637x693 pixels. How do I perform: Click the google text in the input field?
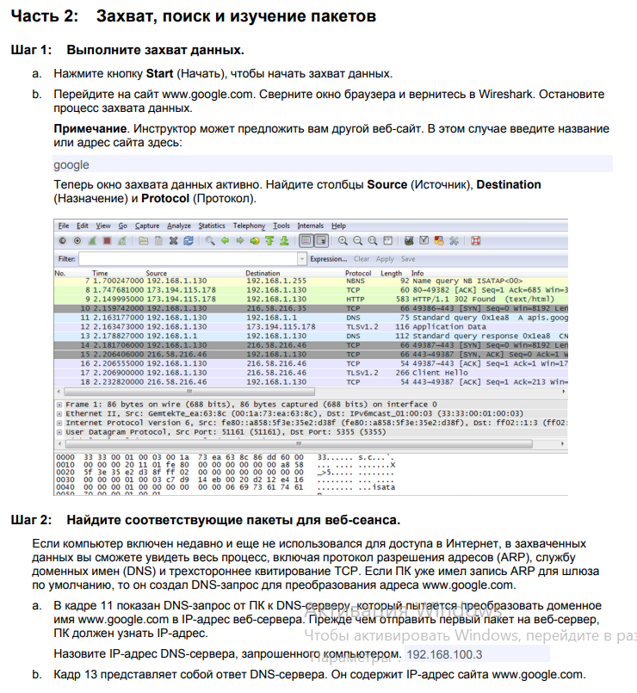pyautogui.click(x=71, y=164)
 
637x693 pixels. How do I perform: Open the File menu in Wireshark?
pyautogui.click(x=63, y=226)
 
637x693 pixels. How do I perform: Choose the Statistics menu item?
pyautogui.click(x=212, y=226)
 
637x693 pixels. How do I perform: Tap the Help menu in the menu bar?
pyautogui.click(x=338, y=226)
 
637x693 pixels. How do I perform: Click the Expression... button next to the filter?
pyautogui.click(x=328, y=258)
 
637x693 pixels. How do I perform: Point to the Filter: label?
pyautogui.click(x=66, y=258)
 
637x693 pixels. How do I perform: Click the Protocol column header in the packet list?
pyautogui.click(x=360, y=273)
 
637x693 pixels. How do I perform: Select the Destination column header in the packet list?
pyautogui.click(x=263, y=273)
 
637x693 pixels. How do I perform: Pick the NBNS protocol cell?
pyautogui.click(x=356, y=281)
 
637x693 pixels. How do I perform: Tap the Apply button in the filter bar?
pyautogui.click(x=385, y=258)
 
